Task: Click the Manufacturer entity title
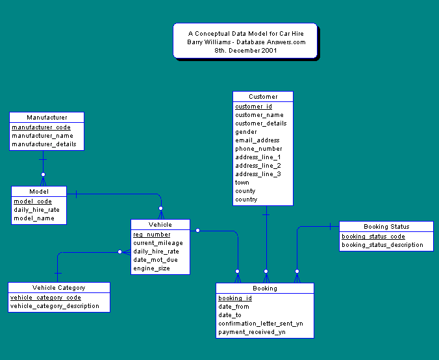click(x=47, y=118)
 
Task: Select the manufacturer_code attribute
click(x=41, y=127)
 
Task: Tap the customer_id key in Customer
click(x=253, y=107)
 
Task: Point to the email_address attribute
click(x=257, y=140)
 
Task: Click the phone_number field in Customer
click(x=258, y=149)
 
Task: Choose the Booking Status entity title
click(x=386, y=227)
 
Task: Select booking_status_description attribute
click(x=382, y=245)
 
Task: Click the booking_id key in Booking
click(x=234, y=298)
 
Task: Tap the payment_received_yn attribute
click(x=251, y=331)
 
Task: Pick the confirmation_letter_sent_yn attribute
click(x=260, y=323)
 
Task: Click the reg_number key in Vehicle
click(x=152, y=235)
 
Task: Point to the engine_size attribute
click(x=151, y=268)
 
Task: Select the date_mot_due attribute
click(x=155, y=259)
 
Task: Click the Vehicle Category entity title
click(x=58, y=287)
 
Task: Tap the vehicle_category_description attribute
click(x=55, y=305)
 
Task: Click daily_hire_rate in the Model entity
click(x=36, y=210)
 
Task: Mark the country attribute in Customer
click(x=246, y=199)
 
